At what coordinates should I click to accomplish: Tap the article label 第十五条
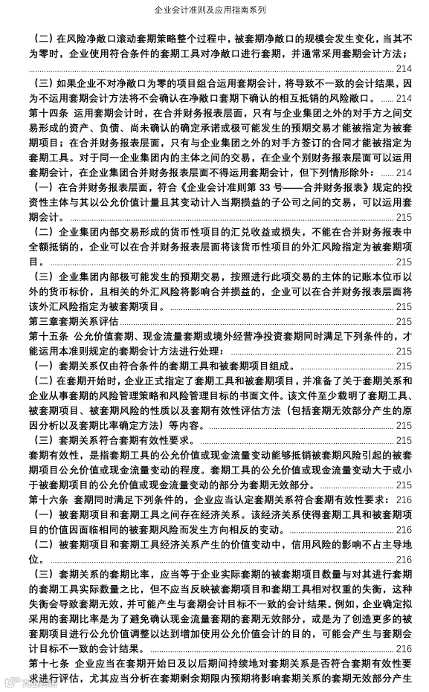[x=48, y=337]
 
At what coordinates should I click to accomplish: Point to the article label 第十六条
[x=48, y=499]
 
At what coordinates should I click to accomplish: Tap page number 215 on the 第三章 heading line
[x=404, y=321]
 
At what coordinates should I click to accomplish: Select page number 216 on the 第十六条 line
[x=404, y=499]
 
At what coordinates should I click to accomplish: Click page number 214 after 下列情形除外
[x=404, y=172]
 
